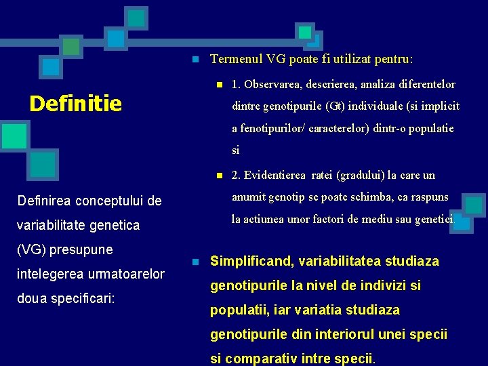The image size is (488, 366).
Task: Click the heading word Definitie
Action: (76, 103)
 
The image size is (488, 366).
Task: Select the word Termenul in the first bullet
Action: (236, 59)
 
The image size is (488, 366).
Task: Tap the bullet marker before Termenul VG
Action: (195, 60)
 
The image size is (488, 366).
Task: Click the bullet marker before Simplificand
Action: (195, 262)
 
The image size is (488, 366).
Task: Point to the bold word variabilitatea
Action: (350, 261)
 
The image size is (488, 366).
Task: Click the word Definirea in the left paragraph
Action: (41, 201)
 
